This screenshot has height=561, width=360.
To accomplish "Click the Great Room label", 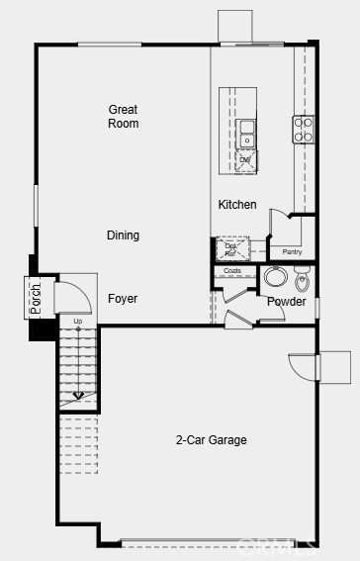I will [x=124, y=117].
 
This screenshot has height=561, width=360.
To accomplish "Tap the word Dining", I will [x=124, y=235].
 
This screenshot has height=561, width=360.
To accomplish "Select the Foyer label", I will [x=124, y=299].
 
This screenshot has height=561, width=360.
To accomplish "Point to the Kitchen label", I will [x=237, y=205].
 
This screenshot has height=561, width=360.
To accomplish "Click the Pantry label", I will [x=292, y=252].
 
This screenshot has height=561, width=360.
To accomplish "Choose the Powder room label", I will [x=287, y=302].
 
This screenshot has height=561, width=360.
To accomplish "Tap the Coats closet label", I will [x=232, y=270].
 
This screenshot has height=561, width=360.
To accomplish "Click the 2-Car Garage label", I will [x=212, y=440].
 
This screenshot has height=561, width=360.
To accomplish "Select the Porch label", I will [x=36, y=299].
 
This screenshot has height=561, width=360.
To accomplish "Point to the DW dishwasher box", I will [x=246, y=159].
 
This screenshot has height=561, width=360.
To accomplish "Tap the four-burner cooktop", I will [x=303, y=129].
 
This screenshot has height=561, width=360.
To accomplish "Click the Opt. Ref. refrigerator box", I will [x=231, y=247].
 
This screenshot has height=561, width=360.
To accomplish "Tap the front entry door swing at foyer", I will [x=69, y=297].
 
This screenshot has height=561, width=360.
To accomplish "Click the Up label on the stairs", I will [x=77, y=322].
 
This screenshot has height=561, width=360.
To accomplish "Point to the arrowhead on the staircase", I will [x=78, y=398].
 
